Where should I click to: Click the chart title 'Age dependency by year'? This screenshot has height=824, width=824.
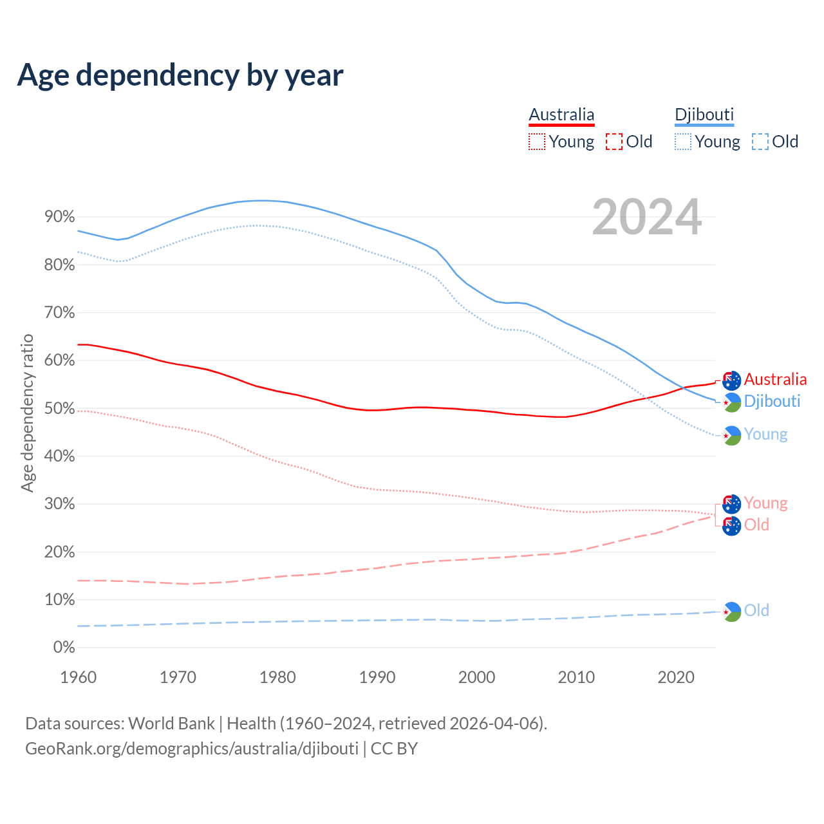click(180, 75)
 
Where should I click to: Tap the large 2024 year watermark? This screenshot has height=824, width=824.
click(646, 217)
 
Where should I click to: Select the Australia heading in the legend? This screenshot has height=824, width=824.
click(561, 115)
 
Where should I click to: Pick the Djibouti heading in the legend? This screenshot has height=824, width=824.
click(704, 115)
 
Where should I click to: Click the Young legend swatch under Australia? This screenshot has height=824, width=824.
click(537, 142)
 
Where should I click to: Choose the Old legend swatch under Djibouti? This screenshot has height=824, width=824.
click(760, 142)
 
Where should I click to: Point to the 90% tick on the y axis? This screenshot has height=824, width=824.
click(60, 217)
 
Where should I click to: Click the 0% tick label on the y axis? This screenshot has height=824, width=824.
click(64, 647)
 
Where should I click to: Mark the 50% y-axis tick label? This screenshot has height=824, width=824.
click(60, 408)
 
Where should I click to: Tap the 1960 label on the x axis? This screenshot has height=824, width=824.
click(78, 677)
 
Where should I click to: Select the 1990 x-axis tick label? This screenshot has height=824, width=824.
click(377, 677)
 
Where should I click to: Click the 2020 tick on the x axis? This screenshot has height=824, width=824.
click(675, 677)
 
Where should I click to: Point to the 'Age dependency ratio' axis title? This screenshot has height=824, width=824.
click(27, 413)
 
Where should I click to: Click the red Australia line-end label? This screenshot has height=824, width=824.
click(775, 379)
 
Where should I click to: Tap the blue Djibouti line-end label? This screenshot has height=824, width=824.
click(772, 401)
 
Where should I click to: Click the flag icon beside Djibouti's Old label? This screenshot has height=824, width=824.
click(732, 611)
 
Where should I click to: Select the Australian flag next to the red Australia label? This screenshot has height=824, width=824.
click(732, 380)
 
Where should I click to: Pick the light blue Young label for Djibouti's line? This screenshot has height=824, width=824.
click(765, 435)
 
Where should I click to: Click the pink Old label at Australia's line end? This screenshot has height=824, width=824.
click(756, 525)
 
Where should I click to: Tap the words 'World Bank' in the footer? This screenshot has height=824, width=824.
click(171, 724)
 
